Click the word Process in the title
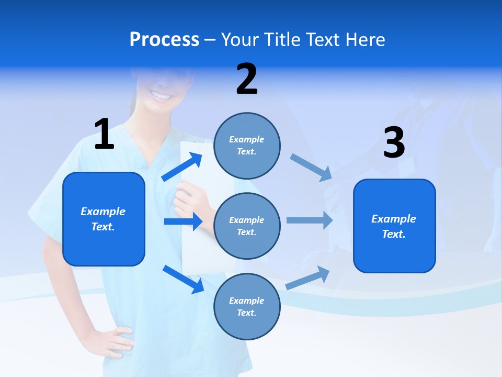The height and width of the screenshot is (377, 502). pyautogui.click(x=164, y=40)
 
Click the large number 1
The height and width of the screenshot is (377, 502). pyautogui.click(x=104, y=135)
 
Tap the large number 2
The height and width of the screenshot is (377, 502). pyautogui.click(x=247, y=80)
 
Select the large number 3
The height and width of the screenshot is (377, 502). pyautogui.click(x=394, y=143)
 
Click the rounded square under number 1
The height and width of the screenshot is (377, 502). pyautogui.click(x=104, y=219)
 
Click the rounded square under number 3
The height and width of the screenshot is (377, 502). pyautogui.click(x=394, y=226)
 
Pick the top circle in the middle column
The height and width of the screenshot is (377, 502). pyautogui.click(x=247, y=146)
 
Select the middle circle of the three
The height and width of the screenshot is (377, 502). pyautogui.click(x=247, y=226)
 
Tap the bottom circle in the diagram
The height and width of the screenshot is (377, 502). pyautogui.click(x=247, y=306)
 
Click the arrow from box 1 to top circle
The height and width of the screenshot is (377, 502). pyautogui.click(x=182, y=167)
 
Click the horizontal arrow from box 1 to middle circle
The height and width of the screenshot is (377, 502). pyautogui.click(x=183, y=221)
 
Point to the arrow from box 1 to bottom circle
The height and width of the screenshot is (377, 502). pyautogui.click(x=183, y=279)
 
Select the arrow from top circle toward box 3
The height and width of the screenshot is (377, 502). pyautogui.click(x=311, y=167)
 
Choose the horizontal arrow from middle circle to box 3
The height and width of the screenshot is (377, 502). pyautogui.click(x=309, y=220)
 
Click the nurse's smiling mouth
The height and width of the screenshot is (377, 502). pyautogui.click(x=161, y=95)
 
